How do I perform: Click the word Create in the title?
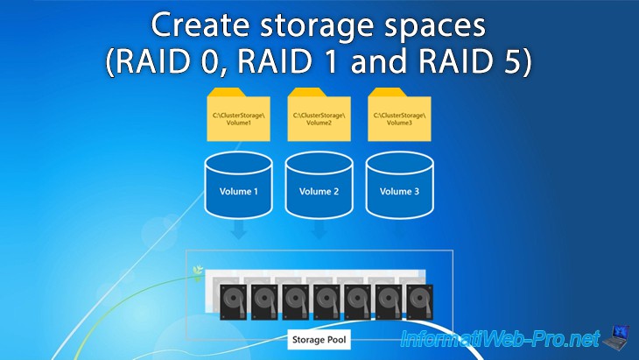200,25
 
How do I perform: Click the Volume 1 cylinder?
238,185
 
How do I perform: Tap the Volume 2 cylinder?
319,185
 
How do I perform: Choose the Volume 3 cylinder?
399,185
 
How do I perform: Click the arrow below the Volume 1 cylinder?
238,230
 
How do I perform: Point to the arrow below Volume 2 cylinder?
319,230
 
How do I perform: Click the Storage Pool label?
319,340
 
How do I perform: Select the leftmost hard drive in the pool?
233,302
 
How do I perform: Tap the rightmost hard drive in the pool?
420,302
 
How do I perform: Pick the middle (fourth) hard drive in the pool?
327,302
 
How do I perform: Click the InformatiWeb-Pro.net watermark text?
500,338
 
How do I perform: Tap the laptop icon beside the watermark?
615,336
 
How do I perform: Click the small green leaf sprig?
198,273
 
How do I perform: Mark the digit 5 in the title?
512,61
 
